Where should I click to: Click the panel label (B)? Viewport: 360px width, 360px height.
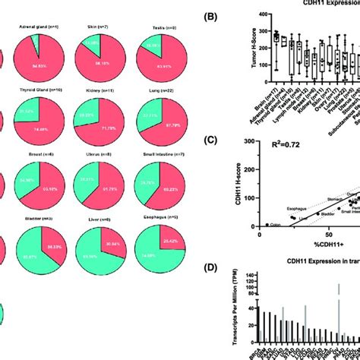(x=210, y=14)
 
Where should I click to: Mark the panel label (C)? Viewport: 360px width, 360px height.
(x=210, y=139)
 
